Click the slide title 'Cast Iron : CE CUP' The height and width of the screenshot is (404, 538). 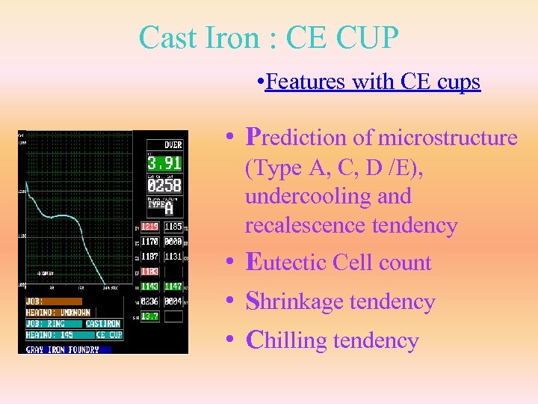pyautogui.click(x=269, y=37)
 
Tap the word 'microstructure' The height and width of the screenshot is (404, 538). pyautogui.click(x=448, y=138)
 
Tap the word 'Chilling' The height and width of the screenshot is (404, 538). pyautogui.click(x=287, y=340)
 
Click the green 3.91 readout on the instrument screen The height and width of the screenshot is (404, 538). pyautogui.click(x=164, y=163)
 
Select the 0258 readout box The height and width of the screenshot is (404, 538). pyautogui.click(x=164, y=185)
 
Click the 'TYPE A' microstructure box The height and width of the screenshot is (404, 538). pyautogui.click(x=164, y=207)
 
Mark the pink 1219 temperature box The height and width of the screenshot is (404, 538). pyautogui.click(x=150, y=226)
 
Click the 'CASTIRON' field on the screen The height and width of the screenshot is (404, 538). pyautogui.click(x=104, y=324)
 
